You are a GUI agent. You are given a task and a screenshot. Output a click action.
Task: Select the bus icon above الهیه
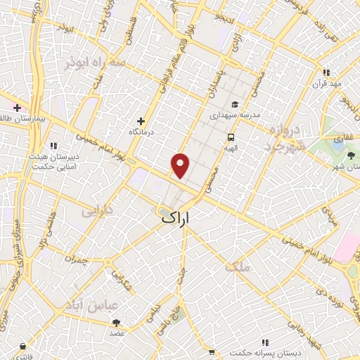[x=231, y=137]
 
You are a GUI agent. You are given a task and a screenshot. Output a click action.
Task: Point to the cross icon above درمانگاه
[x=141, y=121]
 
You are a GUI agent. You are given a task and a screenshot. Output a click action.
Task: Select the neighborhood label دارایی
[x=97, y=210]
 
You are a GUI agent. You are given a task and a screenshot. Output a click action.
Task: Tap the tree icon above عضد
[x=116, y=322]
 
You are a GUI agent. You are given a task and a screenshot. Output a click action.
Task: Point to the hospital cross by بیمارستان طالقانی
[x=17, y=108]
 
